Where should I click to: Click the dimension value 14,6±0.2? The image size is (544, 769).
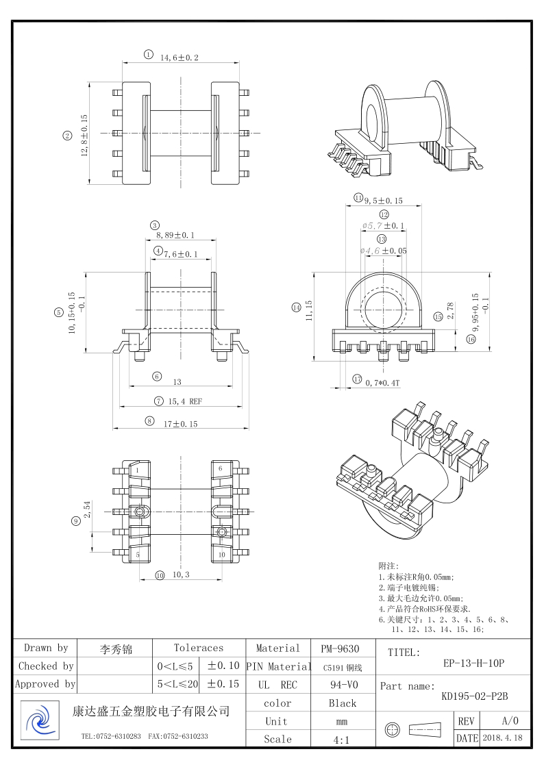pyautogui.click(x=180, y=58)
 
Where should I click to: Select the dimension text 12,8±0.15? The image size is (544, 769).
pyautogui.click(x=84, y=136)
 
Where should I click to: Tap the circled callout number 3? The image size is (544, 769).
pyautogui.click(x=155, y=225)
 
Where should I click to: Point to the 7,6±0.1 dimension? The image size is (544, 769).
pyautogui.click(x=180, y=254)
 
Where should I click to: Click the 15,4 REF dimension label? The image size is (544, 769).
pyautogui.click(x=185, y=402)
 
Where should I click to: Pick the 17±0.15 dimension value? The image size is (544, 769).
pyautogui.click(x=180, y=425)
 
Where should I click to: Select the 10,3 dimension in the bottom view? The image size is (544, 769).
pyautogui.click(x=181, y=575)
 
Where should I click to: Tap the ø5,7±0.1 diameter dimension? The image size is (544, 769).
pyautogui.click(x=384, y=225)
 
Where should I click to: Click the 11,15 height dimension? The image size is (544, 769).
pyautogui.click(x=309, y=311)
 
